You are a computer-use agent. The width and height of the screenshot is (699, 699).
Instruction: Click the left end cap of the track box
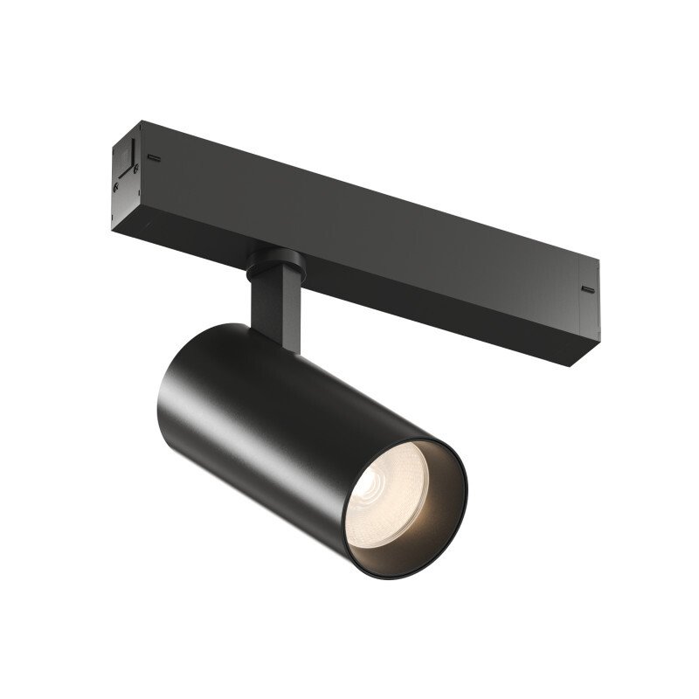click(x=122, y=175)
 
